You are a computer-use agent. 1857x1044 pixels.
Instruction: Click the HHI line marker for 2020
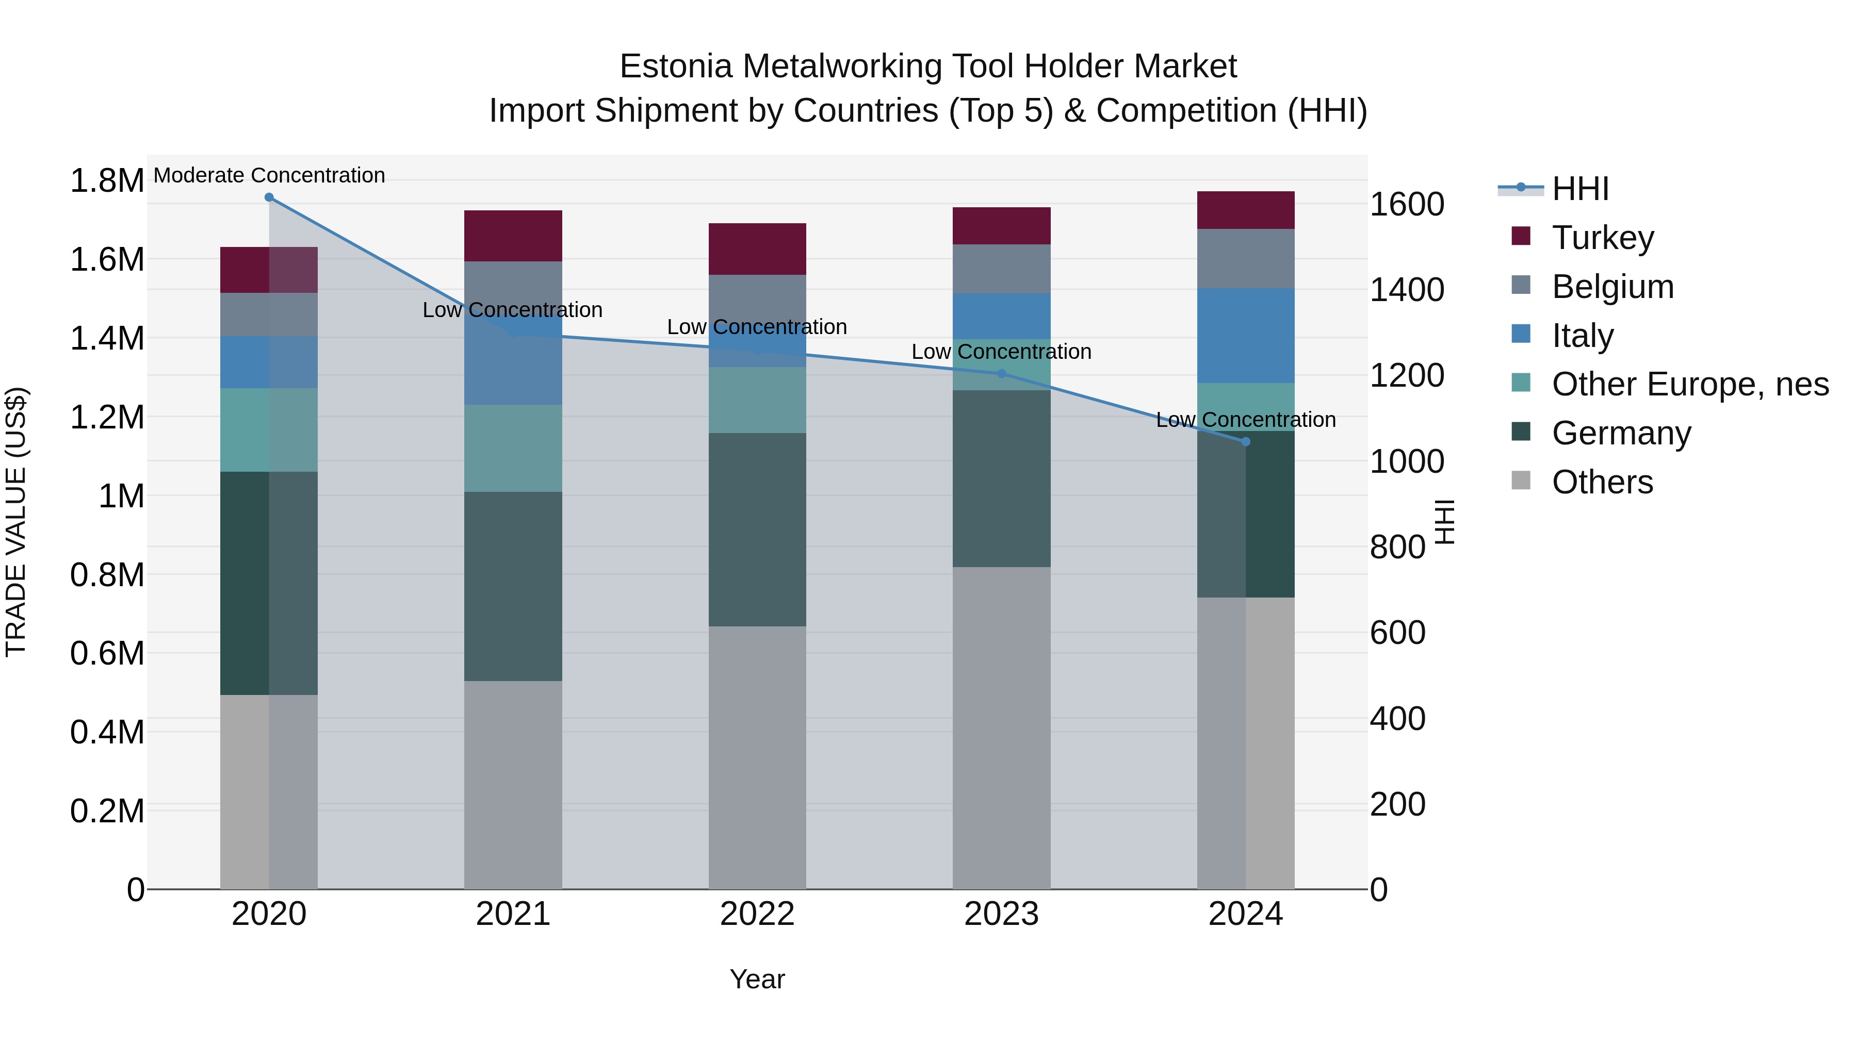coord(269,197)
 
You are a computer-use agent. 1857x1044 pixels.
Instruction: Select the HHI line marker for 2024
coord(1246,442)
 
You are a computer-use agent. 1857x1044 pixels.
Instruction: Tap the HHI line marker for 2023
coord(1001,373)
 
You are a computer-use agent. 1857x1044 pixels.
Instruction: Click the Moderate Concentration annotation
coord(269,175)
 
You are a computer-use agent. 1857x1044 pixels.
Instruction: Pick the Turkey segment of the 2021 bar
coord(513,236)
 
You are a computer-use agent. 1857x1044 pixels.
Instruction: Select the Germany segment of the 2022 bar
coord(757,529)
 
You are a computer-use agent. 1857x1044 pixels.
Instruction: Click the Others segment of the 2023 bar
coord(1001,727)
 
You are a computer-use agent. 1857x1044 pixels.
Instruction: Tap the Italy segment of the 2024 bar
coord(1246,336)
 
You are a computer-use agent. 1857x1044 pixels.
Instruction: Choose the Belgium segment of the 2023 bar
coord(1001,269)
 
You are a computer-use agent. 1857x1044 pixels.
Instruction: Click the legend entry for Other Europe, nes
coord(1690,384)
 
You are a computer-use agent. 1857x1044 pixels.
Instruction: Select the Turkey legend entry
coord(1603,238)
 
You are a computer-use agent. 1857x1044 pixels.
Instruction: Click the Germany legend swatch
coord(1520,432)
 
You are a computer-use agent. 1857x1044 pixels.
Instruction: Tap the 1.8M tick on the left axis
coord(107,180)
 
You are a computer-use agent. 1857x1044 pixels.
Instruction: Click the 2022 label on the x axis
coord(757,914)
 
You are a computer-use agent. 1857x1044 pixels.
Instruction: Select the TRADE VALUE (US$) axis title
coord(16,522)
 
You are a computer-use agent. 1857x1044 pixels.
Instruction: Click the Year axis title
coord(757,979)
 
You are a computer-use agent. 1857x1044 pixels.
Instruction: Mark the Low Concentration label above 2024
coord(1246,419)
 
